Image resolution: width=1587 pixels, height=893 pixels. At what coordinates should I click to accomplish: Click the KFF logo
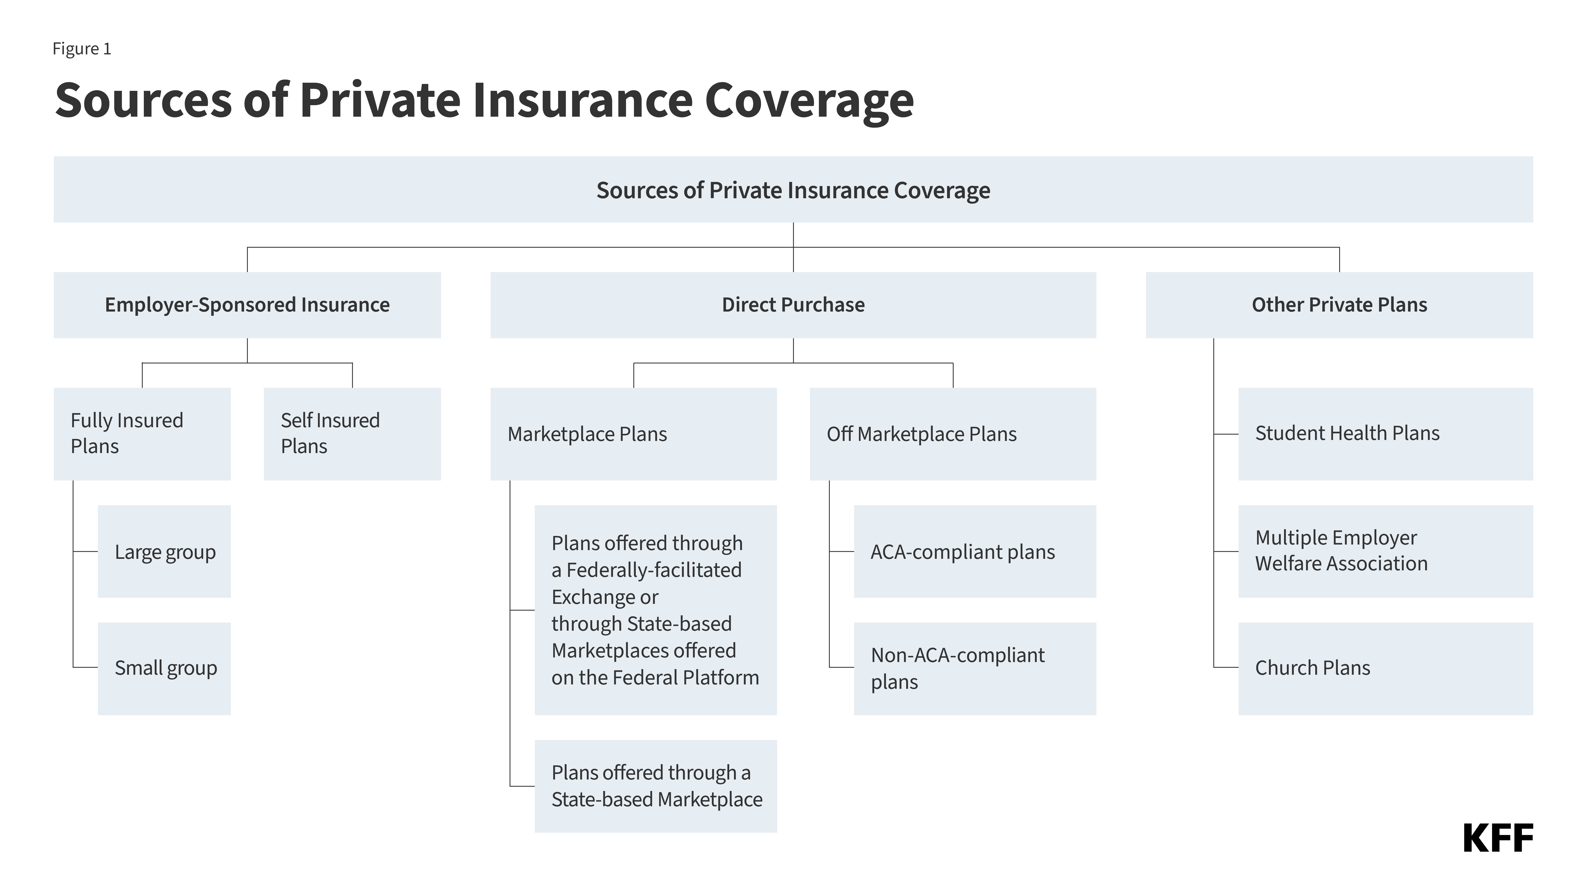pos(1498,838)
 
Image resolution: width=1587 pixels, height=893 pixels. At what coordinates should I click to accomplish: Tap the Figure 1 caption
pos(82,49)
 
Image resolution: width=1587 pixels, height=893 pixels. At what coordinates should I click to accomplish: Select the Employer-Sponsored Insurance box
pos(247,305)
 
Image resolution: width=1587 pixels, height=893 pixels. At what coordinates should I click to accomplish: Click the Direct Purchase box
pos(793,305)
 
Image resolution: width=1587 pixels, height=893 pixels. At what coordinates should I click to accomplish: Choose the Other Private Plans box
pos(1339,305)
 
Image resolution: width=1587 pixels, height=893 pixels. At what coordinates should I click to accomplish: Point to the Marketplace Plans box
pos(633,434)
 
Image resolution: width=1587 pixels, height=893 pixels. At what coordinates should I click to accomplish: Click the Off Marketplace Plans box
pos(952,434)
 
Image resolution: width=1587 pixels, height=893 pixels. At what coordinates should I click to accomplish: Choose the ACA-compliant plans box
pos(975,552)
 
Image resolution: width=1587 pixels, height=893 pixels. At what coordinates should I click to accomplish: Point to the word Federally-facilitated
pos(654,570)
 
